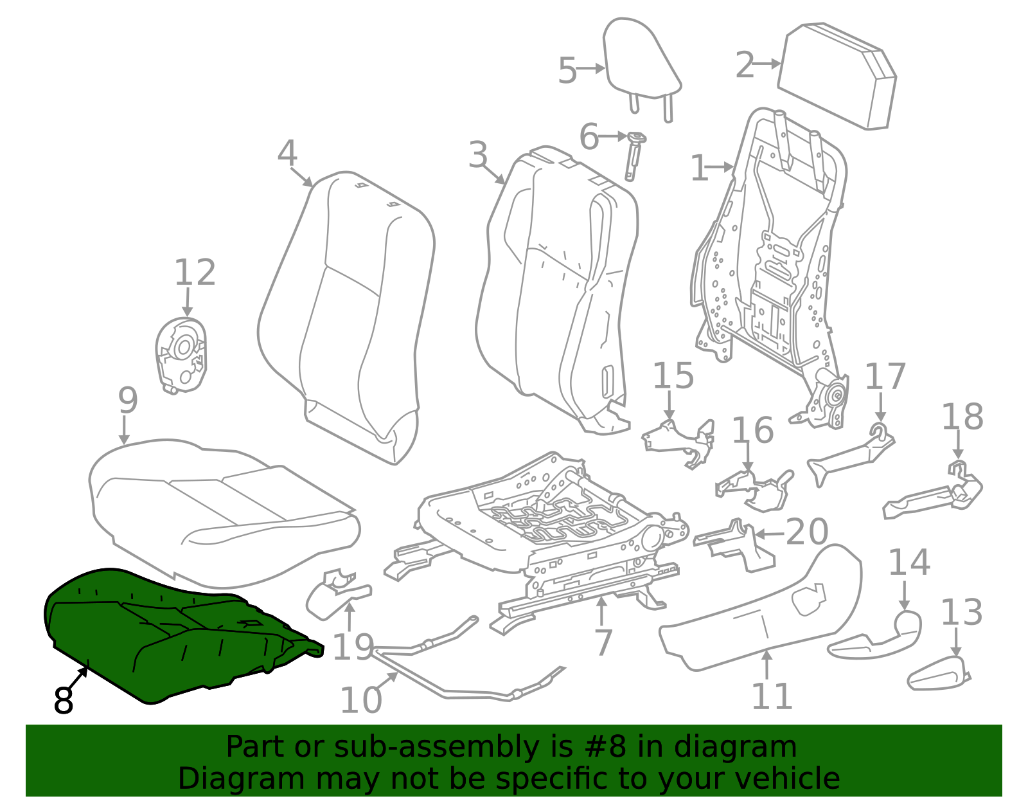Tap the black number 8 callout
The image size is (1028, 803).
[x=64, y=701]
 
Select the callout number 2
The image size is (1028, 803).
[x=745, y=66]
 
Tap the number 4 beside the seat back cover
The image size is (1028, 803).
[x=287, y=154]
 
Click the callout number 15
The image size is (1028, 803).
[x=673, y=377]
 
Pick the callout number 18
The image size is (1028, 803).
[x=962, y=417]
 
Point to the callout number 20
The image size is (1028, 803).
[x=807, y=532]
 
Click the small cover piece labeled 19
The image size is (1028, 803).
[x=334, y=595]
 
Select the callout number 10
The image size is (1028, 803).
[x=360, y=701]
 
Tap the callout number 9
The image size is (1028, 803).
[x=128, y=401]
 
